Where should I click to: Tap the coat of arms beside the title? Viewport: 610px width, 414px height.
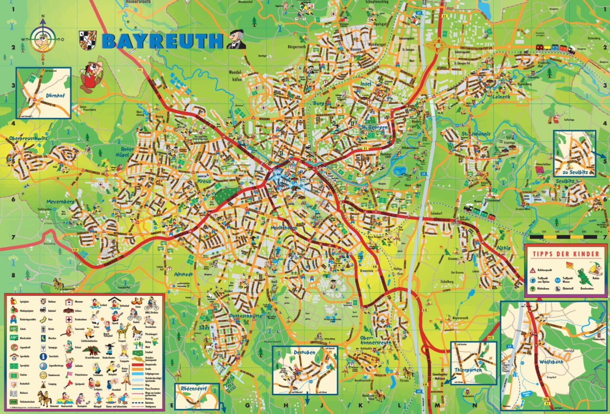tap(88, 40)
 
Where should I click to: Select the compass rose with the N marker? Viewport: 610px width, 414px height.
tap(42, 39)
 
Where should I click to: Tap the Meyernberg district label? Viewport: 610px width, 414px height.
tap(60, 202)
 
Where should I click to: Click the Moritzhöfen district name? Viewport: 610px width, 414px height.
tap(284, 228)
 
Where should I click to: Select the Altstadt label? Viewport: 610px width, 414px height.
tap(183, 274)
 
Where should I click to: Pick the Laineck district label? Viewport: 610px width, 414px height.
tap(501, 96)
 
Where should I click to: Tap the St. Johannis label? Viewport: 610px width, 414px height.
tap(476, 134)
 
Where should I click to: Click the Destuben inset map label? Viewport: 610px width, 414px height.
tap(304, 352)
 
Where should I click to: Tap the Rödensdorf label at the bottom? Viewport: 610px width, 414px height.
tap(194, 389)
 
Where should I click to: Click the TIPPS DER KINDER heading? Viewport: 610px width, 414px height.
tap(566, 254)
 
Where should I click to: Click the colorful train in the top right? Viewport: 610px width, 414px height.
tap(555, 49)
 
